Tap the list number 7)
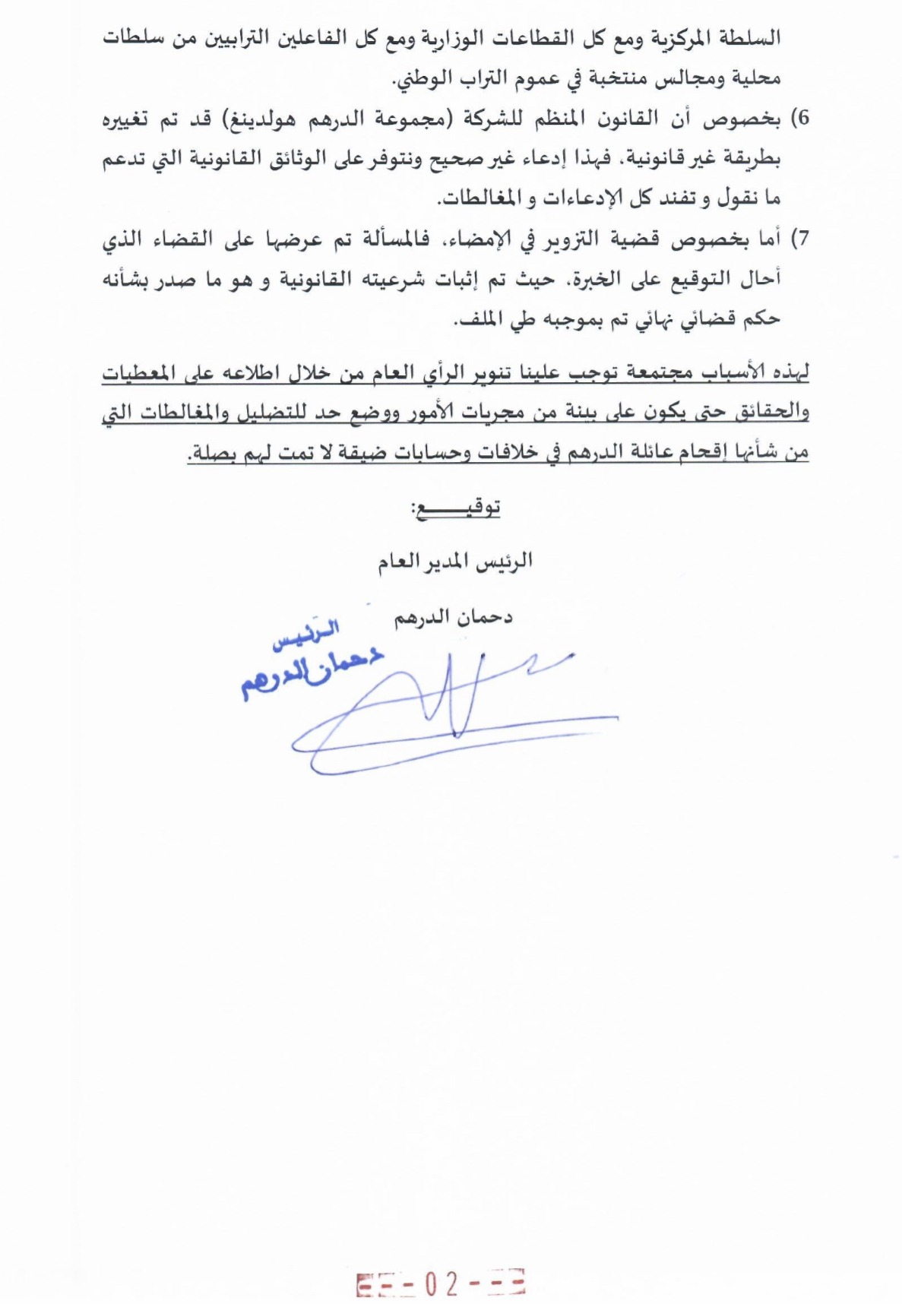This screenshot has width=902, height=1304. (x=800, y=239)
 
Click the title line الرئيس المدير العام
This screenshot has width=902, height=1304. (x=456, y=562)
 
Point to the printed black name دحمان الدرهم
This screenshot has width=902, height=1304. (x=454, y=617)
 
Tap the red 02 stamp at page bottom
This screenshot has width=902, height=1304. (x=441, y=1283)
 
